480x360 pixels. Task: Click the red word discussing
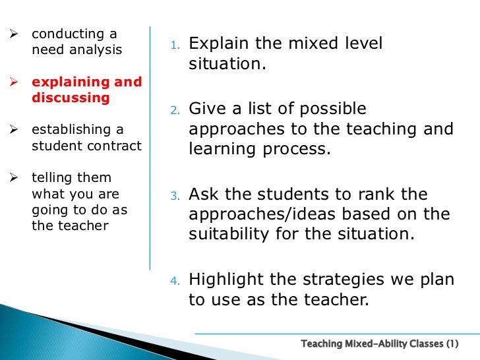pyautogui.click(x=71, y=98)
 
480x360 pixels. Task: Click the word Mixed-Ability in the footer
pyautogui.click(x=377, y=344)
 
